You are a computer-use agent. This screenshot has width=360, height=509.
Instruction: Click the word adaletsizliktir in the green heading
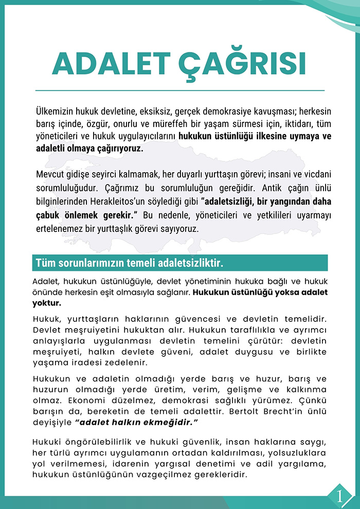click(x=188, y=263)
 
